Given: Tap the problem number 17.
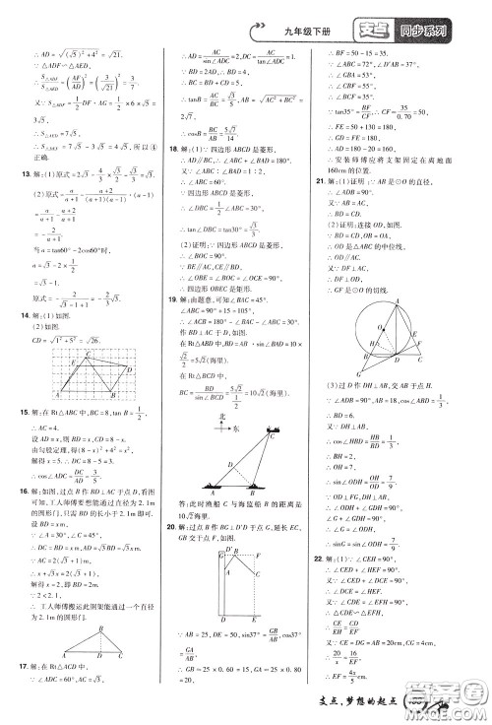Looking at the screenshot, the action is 10,707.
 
